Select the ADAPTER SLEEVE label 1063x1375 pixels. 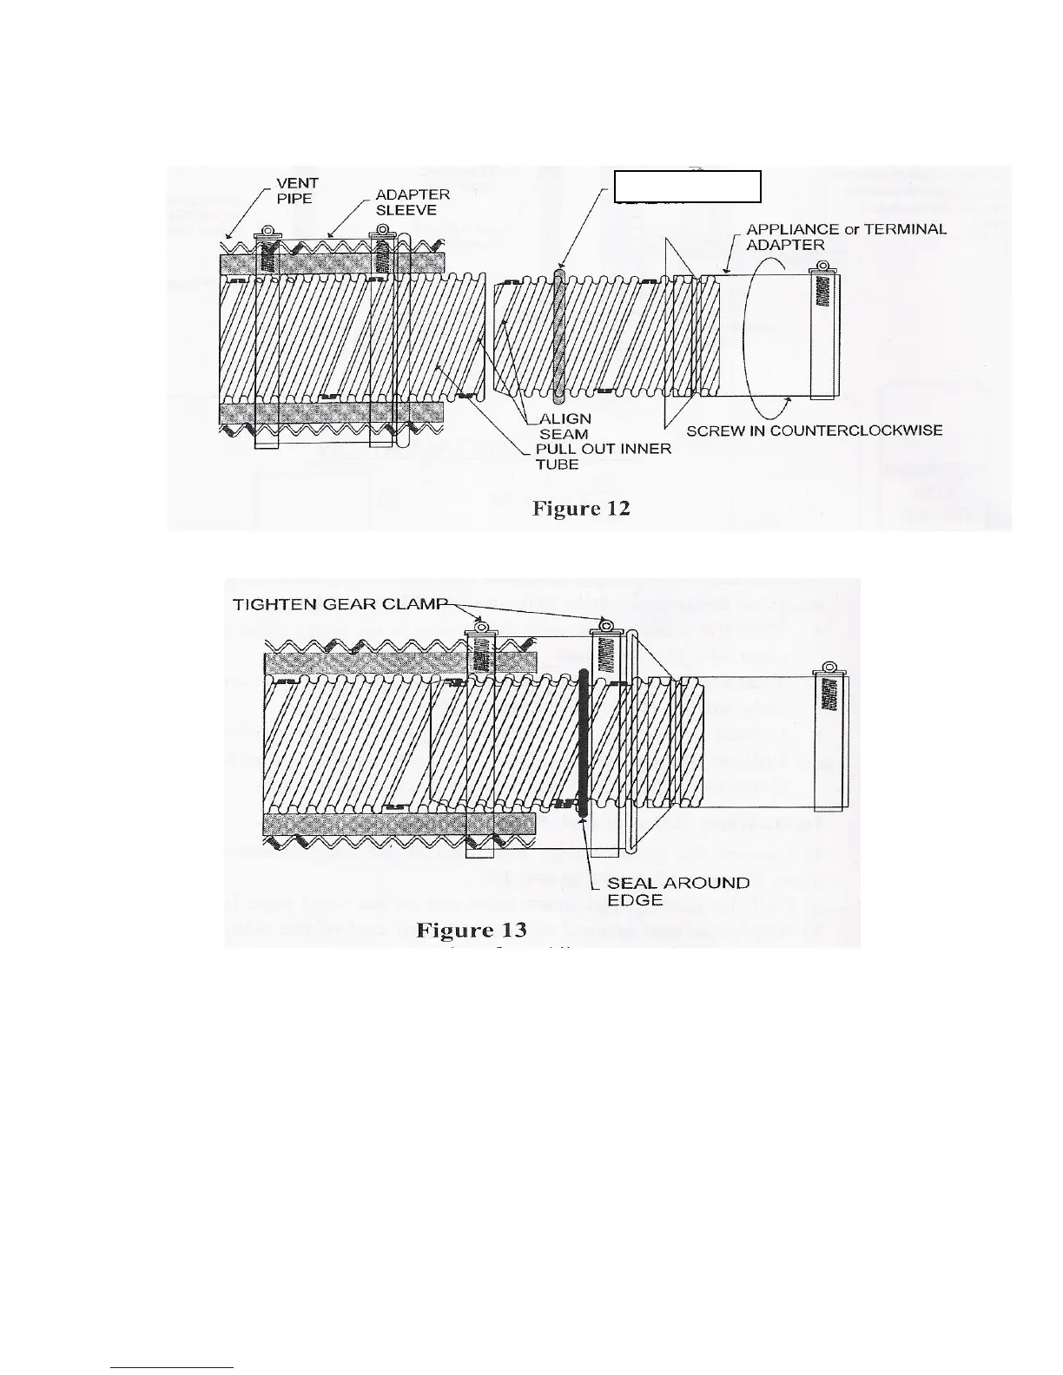click(x=412, y=202)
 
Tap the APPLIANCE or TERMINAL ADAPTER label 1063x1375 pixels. click(x=846, y=237)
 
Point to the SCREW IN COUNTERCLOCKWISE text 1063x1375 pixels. click(x=815, y=431)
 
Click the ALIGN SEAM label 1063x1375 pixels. click(x=569, y=426)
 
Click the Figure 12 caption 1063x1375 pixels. click(x=580, y=509)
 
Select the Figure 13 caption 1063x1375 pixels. click(x=472, y=931)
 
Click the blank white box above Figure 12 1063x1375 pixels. click(x=688, y=187)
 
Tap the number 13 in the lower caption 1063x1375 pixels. click(x=512, y=931)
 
